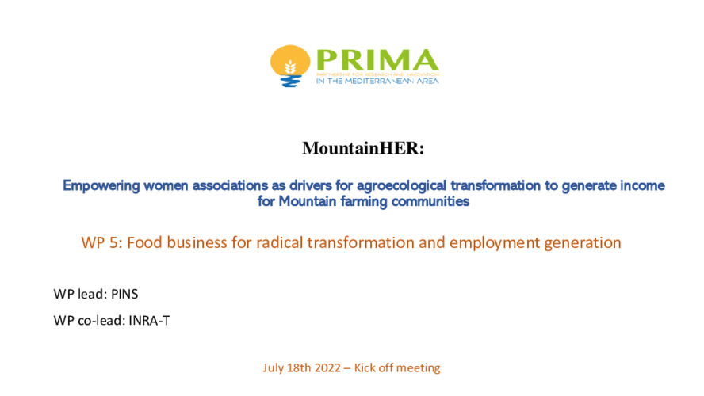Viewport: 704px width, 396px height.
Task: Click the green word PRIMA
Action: (x=377, y=60)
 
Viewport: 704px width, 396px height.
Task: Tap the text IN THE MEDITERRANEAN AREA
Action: (x=377, y=81)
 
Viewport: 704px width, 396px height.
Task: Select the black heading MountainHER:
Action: (x=363, y=148)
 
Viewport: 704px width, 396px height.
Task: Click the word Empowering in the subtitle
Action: (x=101, y=185)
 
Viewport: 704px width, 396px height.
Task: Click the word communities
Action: (x=430, y=201)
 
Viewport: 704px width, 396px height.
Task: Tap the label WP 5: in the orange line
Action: (x=102, y=242)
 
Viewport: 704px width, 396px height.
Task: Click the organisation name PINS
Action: (x=124, y=294)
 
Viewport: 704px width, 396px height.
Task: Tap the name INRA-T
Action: (x=150, y=321)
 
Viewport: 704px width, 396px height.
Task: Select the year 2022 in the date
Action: (x=327, y=367)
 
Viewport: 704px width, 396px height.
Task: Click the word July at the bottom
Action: (x=274, y=368)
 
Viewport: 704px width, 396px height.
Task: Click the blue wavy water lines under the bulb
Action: (x=290, y=81)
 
